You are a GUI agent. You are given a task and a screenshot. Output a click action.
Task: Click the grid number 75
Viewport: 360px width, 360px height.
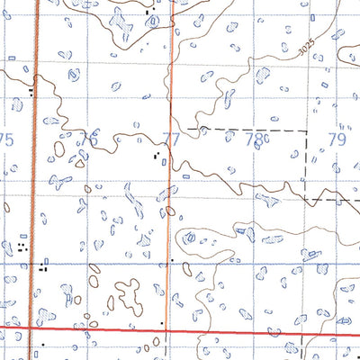(x=7, y=139)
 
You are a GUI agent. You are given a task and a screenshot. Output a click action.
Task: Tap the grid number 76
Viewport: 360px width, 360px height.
(x=89, y=139)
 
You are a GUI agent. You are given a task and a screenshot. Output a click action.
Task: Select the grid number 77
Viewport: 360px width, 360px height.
(x=172, y=139)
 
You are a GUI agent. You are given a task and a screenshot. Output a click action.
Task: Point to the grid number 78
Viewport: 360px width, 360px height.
(x=256, y=139)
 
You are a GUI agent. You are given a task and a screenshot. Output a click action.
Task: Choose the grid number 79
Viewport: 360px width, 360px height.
(x=337, y=139)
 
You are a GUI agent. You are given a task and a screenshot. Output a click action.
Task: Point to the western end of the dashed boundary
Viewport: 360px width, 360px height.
(x=185, y=130)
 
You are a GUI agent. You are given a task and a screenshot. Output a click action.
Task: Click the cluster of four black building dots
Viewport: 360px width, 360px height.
(x=21, y=245)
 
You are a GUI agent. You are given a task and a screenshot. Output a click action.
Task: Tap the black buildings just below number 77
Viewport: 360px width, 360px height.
(x=159, y=157)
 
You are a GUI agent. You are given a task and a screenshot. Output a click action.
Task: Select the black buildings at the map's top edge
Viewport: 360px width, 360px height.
(x=149, y=12)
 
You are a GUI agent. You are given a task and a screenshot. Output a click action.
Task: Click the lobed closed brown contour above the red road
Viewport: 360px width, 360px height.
(x=128, y=294)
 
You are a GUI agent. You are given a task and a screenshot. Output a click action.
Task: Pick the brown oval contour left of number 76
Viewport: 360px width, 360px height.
(x=59, y=148)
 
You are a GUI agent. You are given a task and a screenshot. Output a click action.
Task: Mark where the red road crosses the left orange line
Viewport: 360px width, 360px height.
(x=31, y=329)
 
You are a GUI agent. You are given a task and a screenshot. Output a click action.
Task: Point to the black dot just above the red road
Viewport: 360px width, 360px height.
(x=162, y=322)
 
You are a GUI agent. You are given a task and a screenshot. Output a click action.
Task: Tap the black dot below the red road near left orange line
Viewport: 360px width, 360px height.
(x=41, y=344)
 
